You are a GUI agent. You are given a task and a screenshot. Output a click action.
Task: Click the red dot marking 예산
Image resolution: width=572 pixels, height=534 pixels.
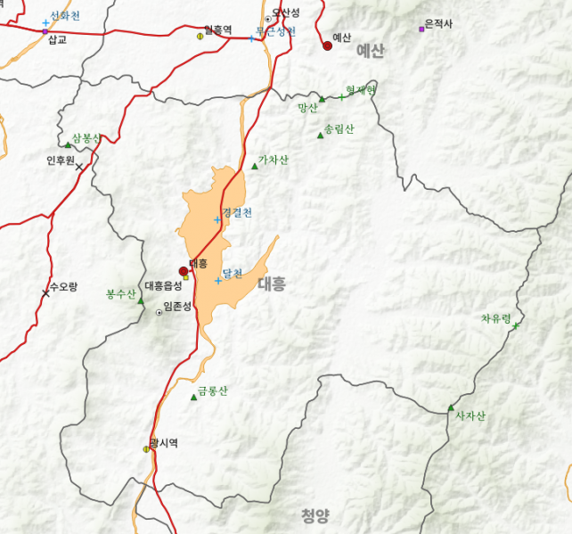(x=327, y=45)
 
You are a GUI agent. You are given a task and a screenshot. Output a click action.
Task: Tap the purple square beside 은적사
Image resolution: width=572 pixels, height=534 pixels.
(x=421, y=29)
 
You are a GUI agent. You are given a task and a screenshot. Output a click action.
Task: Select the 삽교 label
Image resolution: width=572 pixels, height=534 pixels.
(x=57, y=40)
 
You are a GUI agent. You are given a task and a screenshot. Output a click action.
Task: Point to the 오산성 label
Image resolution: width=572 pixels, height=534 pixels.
(x=286, y=12)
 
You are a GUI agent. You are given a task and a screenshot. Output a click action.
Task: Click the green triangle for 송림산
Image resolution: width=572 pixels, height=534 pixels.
(x=320, y=136)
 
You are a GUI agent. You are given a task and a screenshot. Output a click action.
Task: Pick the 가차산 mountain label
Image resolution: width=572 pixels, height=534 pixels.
(x=273, y=160)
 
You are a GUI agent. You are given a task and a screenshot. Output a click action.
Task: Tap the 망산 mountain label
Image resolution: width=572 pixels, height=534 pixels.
(x=308, y=108)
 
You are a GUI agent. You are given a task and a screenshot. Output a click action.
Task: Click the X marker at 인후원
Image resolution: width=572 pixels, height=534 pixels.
(x=78, y=167)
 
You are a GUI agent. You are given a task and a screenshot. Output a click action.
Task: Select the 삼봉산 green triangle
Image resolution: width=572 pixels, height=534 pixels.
(x=68, y=144)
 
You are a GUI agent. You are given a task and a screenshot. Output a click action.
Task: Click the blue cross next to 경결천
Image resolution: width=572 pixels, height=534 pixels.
(x=217, y=219)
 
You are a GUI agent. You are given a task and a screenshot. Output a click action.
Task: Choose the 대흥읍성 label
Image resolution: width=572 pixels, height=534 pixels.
(x=163, y=286)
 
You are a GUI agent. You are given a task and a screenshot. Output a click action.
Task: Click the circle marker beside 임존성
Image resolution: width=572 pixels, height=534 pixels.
(x=159, y=312)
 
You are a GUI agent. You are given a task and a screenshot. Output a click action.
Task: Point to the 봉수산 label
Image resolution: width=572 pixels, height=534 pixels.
(x=120, y=293)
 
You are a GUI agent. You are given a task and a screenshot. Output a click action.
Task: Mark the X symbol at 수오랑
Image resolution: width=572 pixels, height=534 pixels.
(x=45, y=293)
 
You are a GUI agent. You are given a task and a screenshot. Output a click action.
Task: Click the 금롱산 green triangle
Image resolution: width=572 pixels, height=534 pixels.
(x=193, y=397)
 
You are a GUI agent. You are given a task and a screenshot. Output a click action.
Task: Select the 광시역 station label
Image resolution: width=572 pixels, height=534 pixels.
(x=164, y=442)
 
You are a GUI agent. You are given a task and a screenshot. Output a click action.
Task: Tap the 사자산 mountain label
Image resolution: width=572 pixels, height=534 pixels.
(x=470, y=415)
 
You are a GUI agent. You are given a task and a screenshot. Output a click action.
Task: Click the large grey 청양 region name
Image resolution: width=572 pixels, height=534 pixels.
(x=315, y=514)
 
